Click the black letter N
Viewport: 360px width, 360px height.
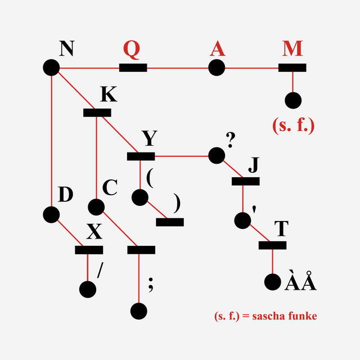(66, 49)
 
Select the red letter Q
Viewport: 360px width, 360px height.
(132, 49)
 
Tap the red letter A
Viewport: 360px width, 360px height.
(217, 49)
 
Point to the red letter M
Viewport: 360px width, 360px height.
(292, 49)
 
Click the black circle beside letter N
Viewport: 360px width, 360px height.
(51, 69)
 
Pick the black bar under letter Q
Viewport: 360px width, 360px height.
(133, 69)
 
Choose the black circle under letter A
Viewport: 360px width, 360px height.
(217, 69)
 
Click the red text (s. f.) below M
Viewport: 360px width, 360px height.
(292, 125)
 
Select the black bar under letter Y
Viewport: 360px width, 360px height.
(141, 156)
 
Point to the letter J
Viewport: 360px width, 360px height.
(254, 165)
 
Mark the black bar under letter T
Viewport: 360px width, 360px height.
(273, 245)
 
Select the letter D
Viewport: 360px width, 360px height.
(66, 195)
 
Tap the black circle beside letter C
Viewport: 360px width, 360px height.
(96, 206)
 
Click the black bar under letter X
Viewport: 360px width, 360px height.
(89, 250)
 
